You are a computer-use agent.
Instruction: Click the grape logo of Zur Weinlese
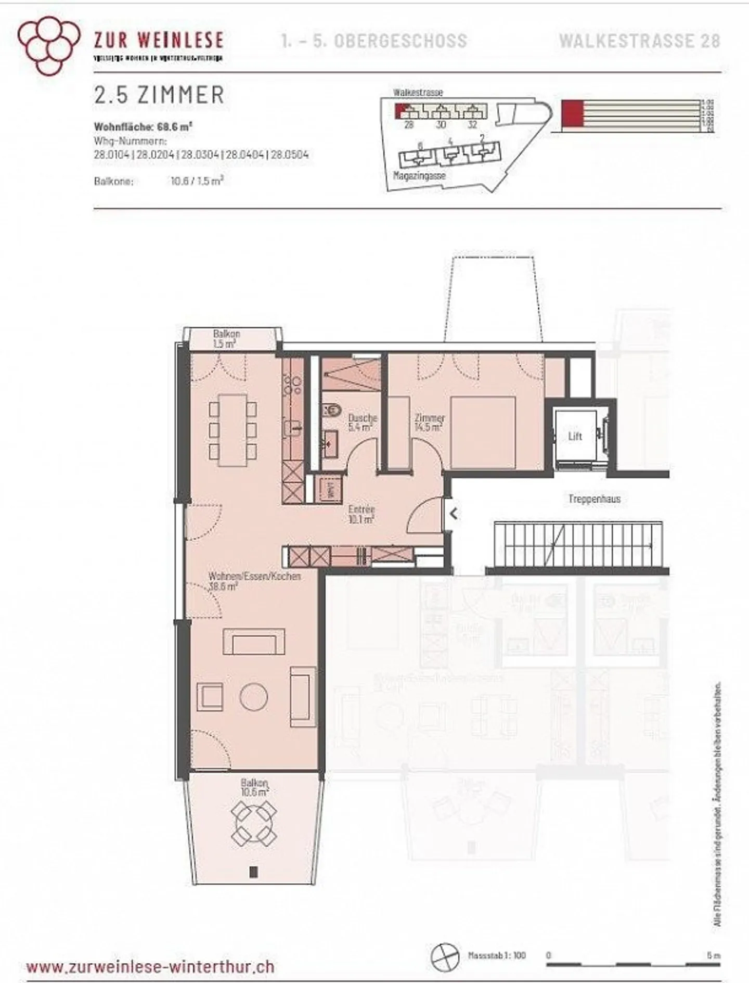coord(49,45)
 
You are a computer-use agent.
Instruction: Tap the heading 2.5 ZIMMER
coord(159,95)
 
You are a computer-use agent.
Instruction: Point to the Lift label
coord(575,436)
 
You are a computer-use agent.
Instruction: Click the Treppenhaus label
coord(594,499)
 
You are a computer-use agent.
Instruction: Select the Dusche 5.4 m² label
coord(362,422)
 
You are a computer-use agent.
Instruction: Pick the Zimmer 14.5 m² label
coord(429,422)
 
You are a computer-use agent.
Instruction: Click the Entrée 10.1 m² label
coord(361,514)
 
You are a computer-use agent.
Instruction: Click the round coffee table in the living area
coord(254,696)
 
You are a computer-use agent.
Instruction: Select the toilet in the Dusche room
coord(331,410)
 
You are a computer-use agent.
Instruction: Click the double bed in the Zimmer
coord(483,433)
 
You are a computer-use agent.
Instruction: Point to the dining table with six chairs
coord(233,430)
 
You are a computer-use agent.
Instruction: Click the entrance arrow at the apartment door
coord(453,514)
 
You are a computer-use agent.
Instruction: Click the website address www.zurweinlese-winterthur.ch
coord(150,967)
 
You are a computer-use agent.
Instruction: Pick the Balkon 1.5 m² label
coord(226,339)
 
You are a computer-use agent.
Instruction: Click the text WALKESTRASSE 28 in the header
coord(640,41)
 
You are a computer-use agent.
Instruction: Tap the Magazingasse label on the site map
coord(419,176)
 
